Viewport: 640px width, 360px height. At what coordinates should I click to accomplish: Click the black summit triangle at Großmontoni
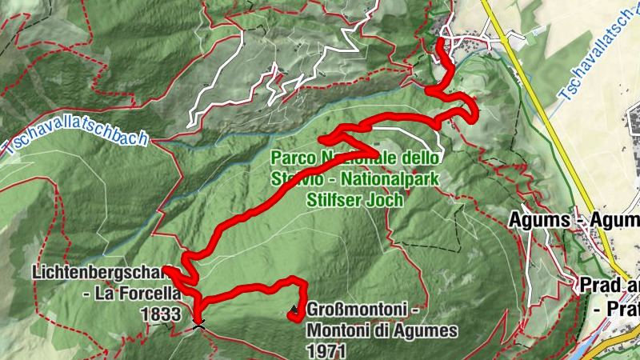coord(294,309)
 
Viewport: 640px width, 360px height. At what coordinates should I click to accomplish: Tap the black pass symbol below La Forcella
coord(198,323)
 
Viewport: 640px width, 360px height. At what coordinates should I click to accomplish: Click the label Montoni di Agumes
coord(381,330)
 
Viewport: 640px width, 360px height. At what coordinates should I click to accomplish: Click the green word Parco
coord(291,157)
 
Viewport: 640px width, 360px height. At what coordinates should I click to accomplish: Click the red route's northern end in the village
coord(442,41)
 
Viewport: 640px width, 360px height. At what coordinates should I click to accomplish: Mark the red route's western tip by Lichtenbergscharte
coord(164,270)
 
